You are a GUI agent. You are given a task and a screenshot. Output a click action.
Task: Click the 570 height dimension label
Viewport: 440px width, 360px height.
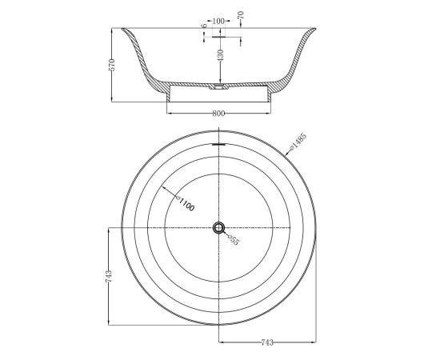(112, 65)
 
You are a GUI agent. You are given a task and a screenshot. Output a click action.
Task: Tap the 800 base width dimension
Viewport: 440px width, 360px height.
(218, 114)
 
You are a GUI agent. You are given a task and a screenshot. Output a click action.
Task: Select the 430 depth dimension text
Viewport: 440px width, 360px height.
(221, 55)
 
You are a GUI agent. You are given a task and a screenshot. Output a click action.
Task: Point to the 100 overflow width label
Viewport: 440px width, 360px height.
(218, 21)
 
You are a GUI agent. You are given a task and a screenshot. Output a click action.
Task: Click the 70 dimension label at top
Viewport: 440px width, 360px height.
(241, 14)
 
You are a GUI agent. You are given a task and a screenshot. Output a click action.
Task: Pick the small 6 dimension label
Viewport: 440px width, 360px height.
(204, 26)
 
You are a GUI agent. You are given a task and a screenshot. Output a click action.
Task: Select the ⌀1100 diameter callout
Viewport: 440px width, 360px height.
(185, 204)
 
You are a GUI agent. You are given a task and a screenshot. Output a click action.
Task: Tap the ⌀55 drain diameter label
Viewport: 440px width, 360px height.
(233, 240)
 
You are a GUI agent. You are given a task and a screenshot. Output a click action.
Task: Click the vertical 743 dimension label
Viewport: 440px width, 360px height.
(109, 276)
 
